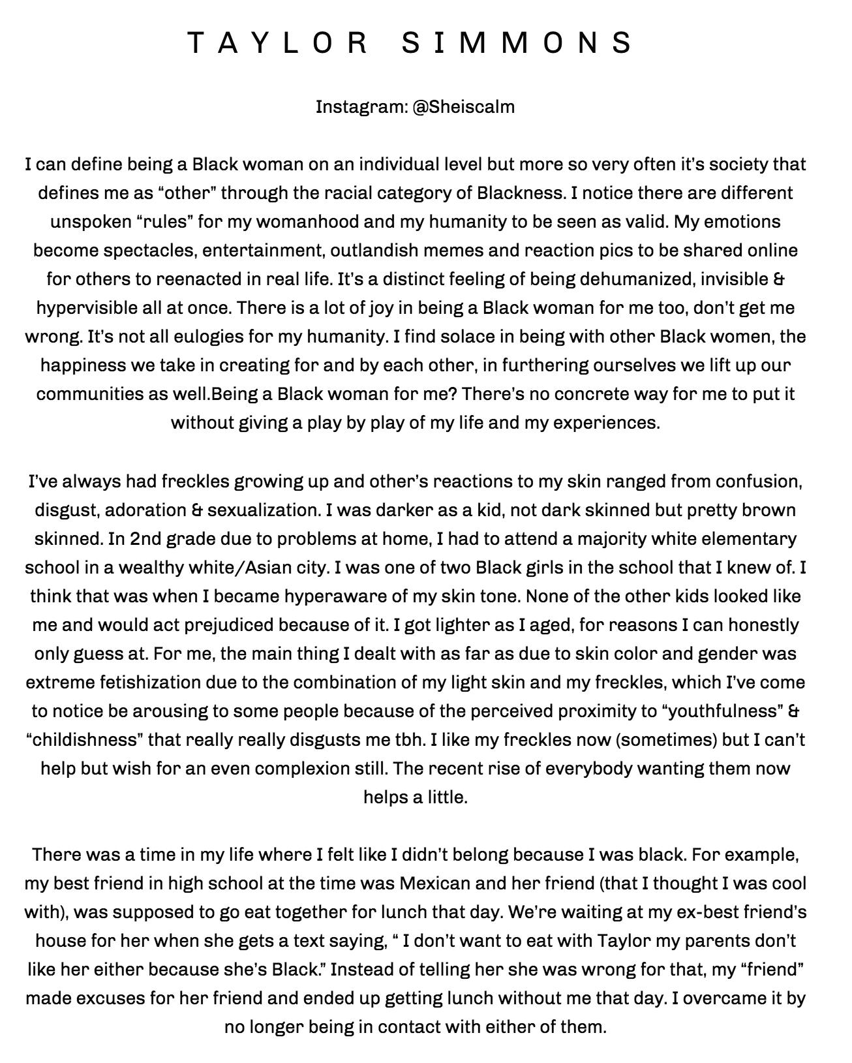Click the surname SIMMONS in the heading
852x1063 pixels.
click(x=517, y=43)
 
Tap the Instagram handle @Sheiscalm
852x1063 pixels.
click(x=463, y=106)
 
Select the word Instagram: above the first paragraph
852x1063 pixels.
click(x=361, y=106)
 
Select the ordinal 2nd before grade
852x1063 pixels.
click(x=145, y=539)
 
